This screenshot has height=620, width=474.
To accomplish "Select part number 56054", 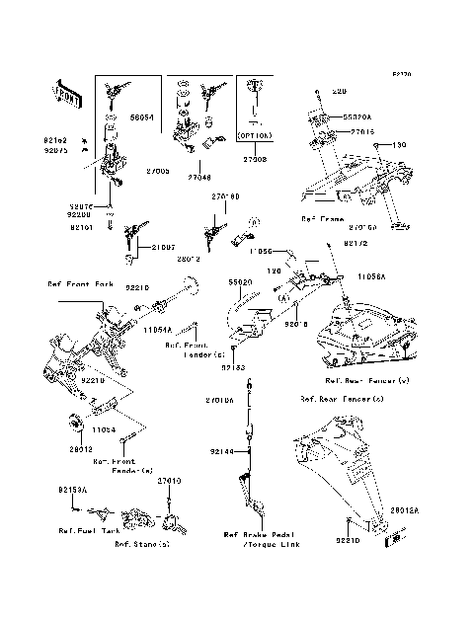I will pos(144,116).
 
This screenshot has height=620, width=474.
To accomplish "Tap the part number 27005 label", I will pos(159,171).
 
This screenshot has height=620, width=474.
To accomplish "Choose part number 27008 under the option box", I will pos(256,158).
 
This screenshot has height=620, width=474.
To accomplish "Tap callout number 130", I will pos(400,145).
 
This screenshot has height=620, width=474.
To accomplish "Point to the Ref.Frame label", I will pos(323,216).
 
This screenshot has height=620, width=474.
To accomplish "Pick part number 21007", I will pos(163,247).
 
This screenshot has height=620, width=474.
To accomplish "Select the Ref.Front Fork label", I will pos(83,283).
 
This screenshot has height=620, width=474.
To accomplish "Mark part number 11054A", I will pos(157,329).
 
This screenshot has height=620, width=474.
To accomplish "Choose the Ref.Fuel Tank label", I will pos(82,530).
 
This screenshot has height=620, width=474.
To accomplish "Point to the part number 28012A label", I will pos(404,510).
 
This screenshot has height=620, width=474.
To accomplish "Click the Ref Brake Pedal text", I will pos(258,535).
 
